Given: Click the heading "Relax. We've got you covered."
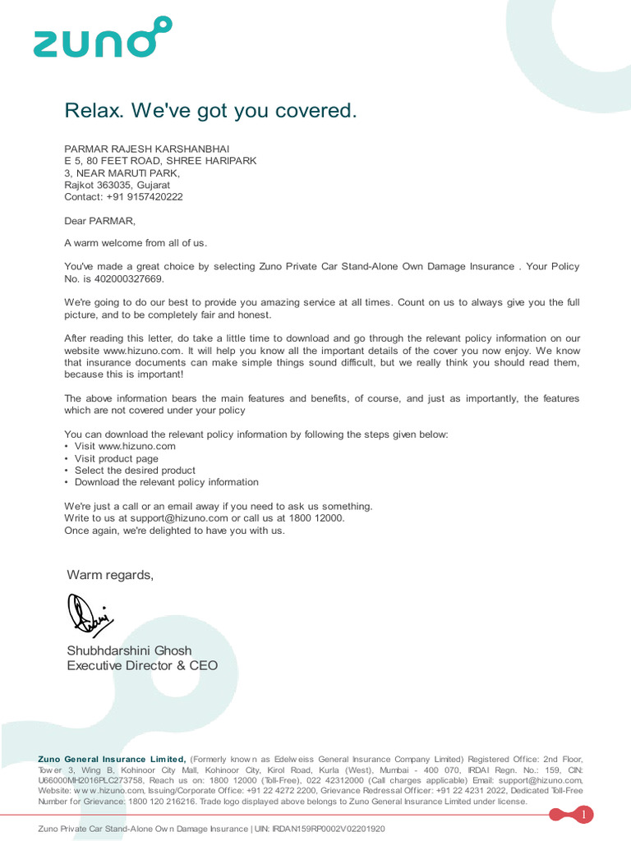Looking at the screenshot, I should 211,110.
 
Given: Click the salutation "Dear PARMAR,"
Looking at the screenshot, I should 99,221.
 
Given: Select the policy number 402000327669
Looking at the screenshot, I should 123,279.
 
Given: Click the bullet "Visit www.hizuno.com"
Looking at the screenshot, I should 125,446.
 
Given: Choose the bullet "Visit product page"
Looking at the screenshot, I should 116,458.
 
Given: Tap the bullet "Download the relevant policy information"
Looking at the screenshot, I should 166,482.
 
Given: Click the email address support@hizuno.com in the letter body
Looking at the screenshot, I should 178,518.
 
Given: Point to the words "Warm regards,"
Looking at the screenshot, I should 110,575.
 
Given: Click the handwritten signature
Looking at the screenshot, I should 90,614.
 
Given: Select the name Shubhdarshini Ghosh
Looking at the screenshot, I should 128,650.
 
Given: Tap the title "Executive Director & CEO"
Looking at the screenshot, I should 142,665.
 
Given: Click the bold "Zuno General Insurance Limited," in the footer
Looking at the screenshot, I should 113,759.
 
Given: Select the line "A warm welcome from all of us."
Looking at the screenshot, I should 136,243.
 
